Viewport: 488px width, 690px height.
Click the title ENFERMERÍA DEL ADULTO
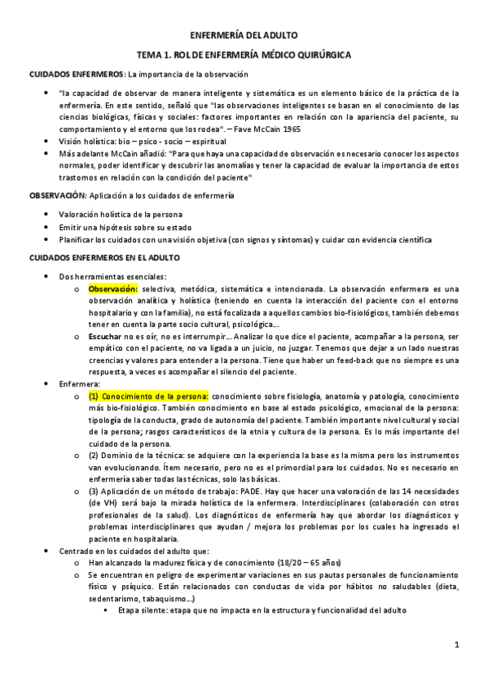[x=244, y=35]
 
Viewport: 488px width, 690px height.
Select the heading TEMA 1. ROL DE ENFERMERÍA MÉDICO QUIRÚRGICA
[x=244, y=55]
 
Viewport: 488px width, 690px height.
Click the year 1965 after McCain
[x=292, y=128]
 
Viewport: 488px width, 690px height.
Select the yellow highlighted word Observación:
[x=113, y=288]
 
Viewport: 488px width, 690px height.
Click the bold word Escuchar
[x=105, y=334]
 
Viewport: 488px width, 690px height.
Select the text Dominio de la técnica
[x=143, y=456]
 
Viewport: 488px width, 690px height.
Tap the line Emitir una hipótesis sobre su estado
[x=119, y=226]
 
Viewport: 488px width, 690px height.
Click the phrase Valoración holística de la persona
[x=119, y=214]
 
